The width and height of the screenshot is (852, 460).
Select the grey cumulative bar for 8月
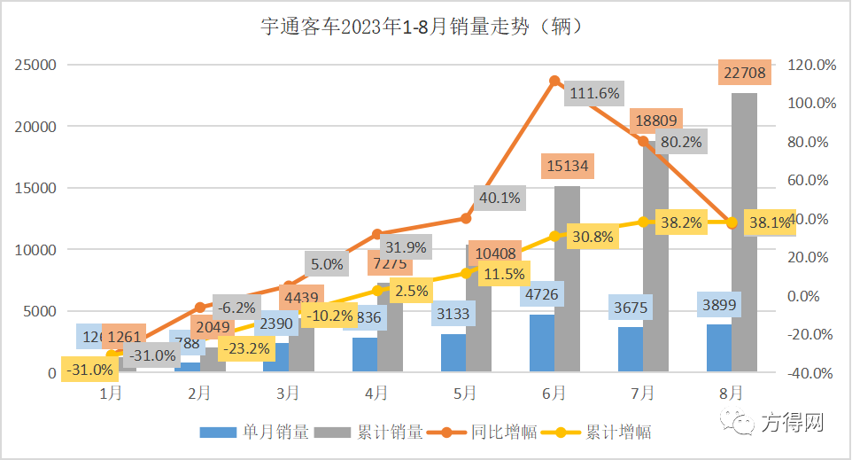pos(745,230)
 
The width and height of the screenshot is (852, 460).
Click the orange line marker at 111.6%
pos(554,81)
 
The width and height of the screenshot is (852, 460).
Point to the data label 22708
pos(744,70)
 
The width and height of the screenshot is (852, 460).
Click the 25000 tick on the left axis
pos(35,65)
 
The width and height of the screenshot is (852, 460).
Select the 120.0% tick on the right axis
pos(811,65)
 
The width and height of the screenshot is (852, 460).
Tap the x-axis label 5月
pos(466,392)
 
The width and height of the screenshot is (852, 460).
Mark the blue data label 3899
pos(718,304)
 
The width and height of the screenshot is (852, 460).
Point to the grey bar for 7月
pos(656,266)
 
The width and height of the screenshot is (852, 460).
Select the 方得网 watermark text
pos(793,424)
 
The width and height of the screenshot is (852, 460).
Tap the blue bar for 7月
pos(631,349)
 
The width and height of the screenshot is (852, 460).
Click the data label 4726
pos(542,294)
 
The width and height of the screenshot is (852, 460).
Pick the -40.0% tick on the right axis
pos(811,373)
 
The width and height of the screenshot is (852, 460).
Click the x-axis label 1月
pos(111,392)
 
